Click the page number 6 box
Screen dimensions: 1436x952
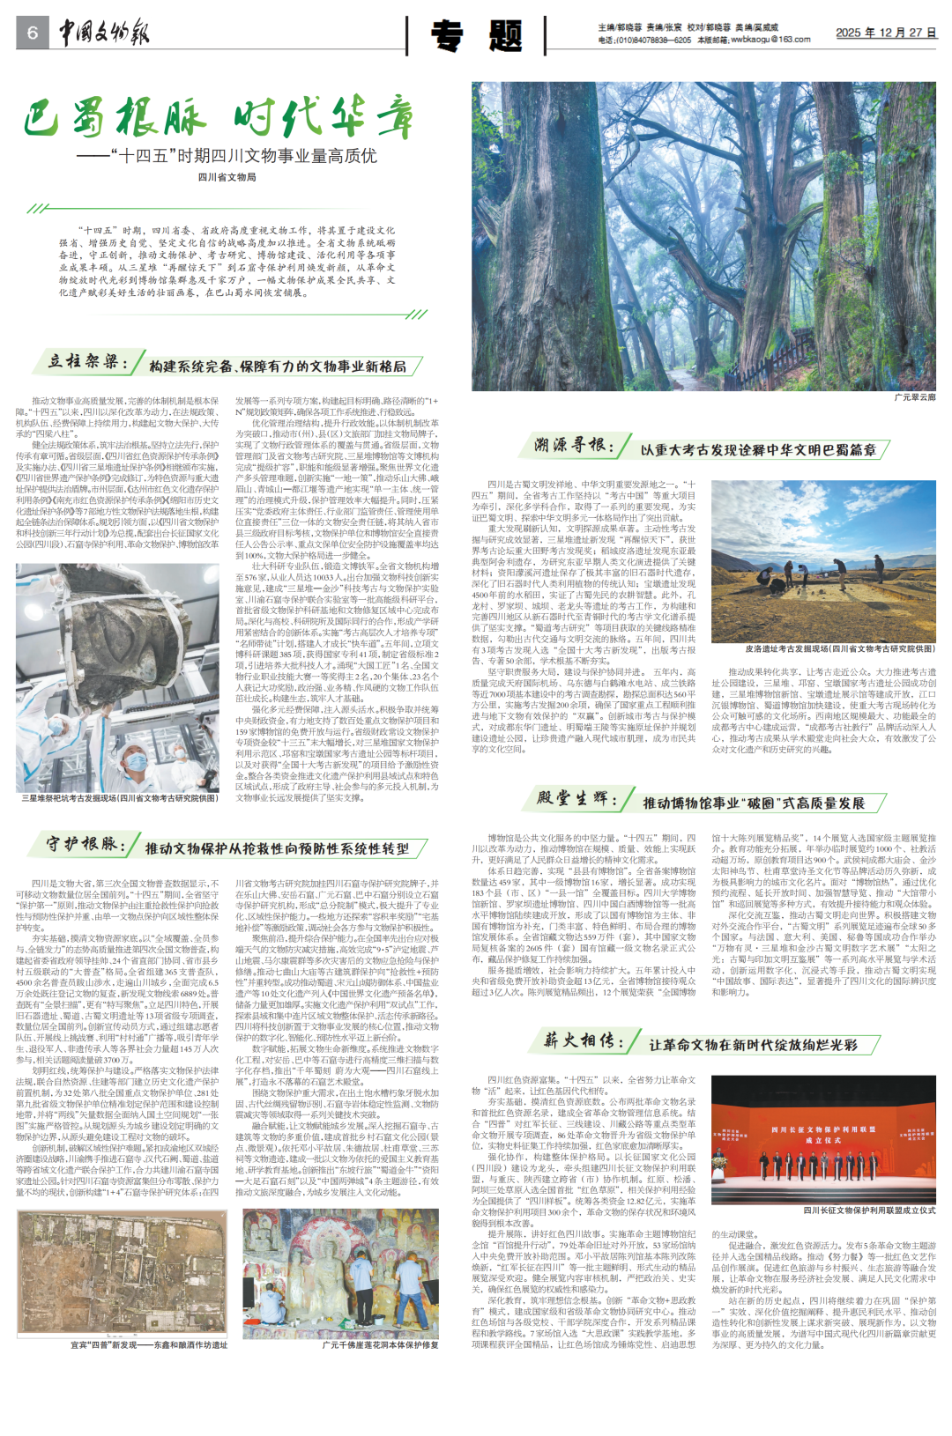point(33,33)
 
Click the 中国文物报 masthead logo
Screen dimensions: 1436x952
point(104,33)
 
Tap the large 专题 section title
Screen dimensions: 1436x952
point(476,36)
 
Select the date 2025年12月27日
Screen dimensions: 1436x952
point(885,33)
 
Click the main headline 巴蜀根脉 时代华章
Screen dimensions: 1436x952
point(218,119)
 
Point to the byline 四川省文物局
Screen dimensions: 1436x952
point(227,177)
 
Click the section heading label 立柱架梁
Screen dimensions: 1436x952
point(88,362)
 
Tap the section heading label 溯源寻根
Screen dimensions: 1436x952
point(574,445)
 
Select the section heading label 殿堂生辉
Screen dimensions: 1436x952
point(576,799)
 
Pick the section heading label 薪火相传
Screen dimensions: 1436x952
point(583,1040)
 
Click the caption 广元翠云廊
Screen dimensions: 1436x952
point(914,397)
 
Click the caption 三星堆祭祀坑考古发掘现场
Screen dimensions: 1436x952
point(118,798)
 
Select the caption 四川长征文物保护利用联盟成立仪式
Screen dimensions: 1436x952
point(869,1210)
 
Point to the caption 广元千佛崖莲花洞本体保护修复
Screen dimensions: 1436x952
point(380,1345)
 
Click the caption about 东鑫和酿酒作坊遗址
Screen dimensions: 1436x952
point(149,1345)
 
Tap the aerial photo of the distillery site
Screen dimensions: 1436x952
point(123,1273)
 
